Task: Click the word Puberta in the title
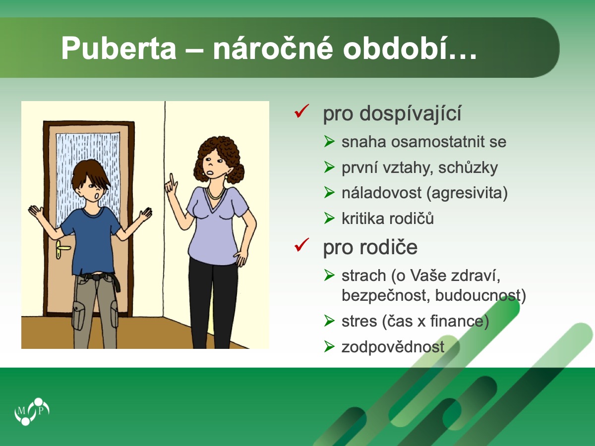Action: (x=119, y=49)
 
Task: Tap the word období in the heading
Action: (x=410, y=48)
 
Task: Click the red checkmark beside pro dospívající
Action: (x=301, y=111)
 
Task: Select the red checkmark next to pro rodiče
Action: (x=301, y=245)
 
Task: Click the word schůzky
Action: (x=468, y=168)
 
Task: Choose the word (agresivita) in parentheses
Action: (x=467, y=193)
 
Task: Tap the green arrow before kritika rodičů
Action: (x=329, y=218)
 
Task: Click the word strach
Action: (x=363, y=276)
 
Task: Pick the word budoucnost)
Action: (x=480, y=295)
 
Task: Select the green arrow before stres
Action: (x=329, y=321)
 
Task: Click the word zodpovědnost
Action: (x=393, y=347)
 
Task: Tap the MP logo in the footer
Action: (x=32, y=411)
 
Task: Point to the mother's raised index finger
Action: (x=171, y=179)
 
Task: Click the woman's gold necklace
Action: (x=216, y=194)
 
